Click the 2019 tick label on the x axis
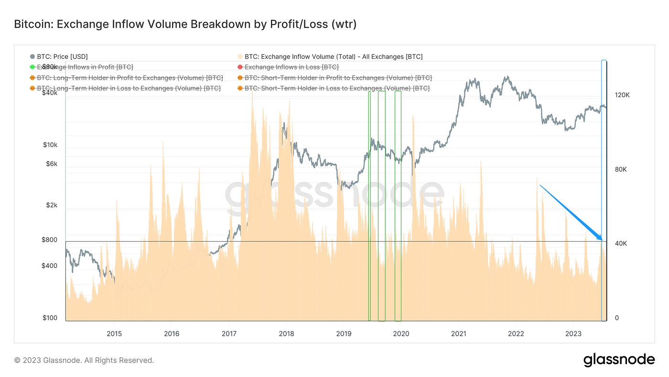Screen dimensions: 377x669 344,333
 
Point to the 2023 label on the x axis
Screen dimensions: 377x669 573,333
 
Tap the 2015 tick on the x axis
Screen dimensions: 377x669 114,333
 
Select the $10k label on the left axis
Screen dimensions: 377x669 50,144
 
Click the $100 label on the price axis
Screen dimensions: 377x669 50,318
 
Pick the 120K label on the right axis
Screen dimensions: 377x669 622,95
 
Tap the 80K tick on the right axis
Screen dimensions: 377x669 620,169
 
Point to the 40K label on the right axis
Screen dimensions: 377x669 620,244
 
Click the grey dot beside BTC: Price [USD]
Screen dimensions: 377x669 32,56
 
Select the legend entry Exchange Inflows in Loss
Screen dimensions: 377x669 291,67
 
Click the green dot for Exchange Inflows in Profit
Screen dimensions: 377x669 32,67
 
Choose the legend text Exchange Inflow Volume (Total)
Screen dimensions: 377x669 334,56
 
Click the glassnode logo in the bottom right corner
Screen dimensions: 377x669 619,360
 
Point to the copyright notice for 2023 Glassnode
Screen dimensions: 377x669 84,360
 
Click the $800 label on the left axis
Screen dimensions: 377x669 50,240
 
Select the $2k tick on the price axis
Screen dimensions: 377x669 52,205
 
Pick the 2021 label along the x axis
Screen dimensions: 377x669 459,333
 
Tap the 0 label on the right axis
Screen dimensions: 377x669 617,318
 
